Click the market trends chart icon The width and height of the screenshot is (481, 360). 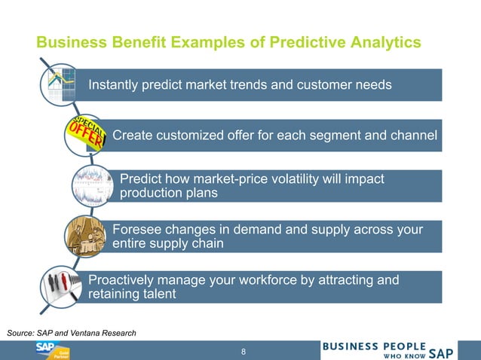coord(62,85)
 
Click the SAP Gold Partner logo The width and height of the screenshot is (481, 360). coord(52,350)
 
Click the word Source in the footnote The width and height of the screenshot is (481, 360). coord(21,332)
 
